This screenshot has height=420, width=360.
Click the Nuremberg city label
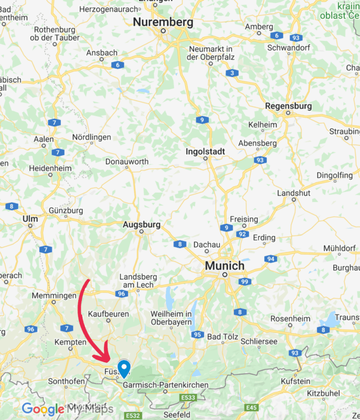163,22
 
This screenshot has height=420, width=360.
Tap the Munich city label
225,266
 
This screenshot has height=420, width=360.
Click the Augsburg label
142,225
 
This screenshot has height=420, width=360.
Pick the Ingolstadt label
205,152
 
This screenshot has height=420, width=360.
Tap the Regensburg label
288,106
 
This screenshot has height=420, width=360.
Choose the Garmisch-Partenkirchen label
165,385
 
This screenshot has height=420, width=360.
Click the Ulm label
30,218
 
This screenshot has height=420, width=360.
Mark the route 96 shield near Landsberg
121,294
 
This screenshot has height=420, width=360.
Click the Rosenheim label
287,319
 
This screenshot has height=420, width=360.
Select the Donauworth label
126,162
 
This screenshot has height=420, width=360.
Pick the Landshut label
293,193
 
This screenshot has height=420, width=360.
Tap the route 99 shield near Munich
244,282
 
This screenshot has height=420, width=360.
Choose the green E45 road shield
252,407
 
